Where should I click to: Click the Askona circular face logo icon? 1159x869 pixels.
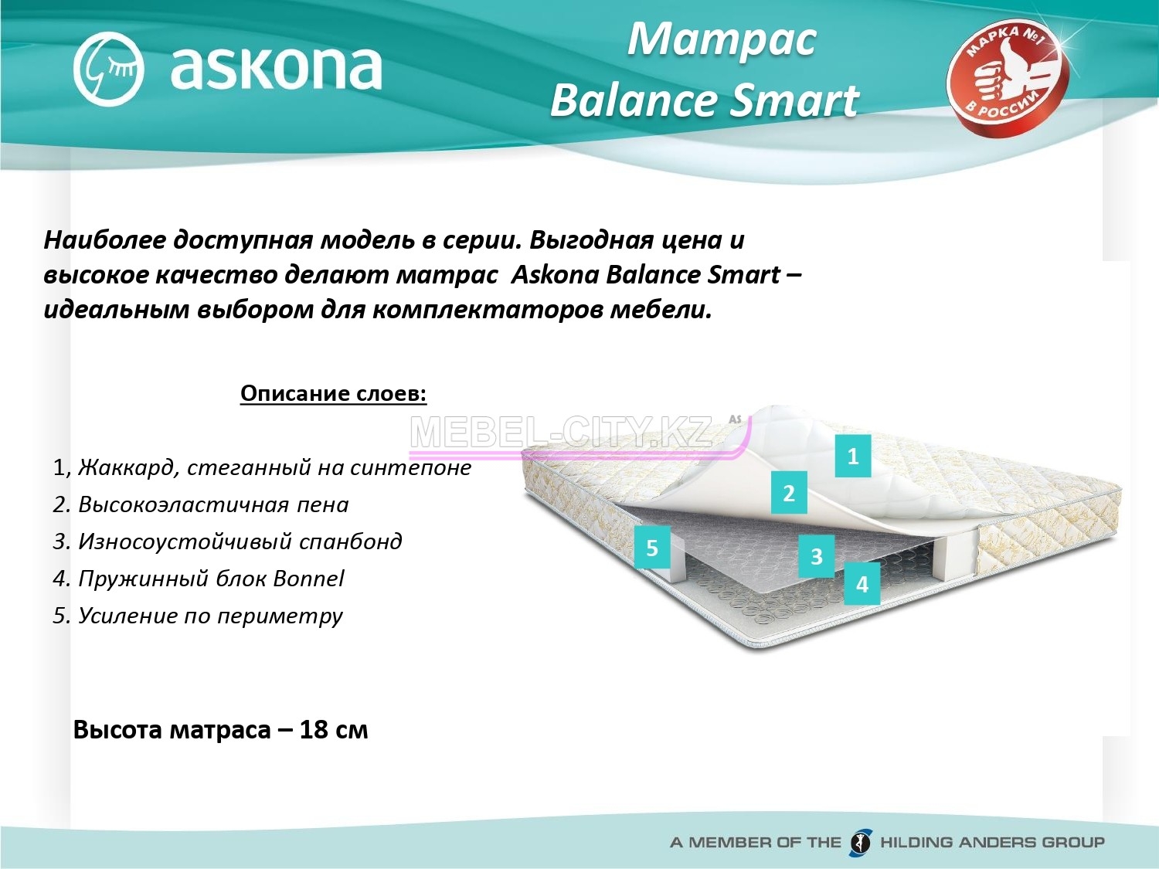108,69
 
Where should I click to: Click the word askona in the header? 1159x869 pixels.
276,70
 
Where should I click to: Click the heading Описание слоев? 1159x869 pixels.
334,394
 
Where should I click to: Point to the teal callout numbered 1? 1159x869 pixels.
853,456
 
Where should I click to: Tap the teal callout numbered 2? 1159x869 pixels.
789,493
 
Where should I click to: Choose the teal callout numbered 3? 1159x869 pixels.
816,556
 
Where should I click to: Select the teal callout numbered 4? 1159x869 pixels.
862,583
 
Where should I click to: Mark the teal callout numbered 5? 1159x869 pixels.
652,548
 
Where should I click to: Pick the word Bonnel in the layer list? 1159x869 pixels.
308,579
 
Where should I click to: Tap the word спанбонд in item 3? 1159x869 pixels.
351,542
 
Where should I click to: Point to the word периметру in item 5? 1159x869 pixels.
280,616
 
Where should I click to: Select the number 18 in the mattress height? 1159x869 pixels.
312,730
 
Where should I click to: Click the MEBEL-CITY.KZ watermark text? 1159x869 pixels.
561,433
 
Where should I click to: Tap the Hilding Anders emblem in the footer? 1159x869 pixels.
861,842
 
